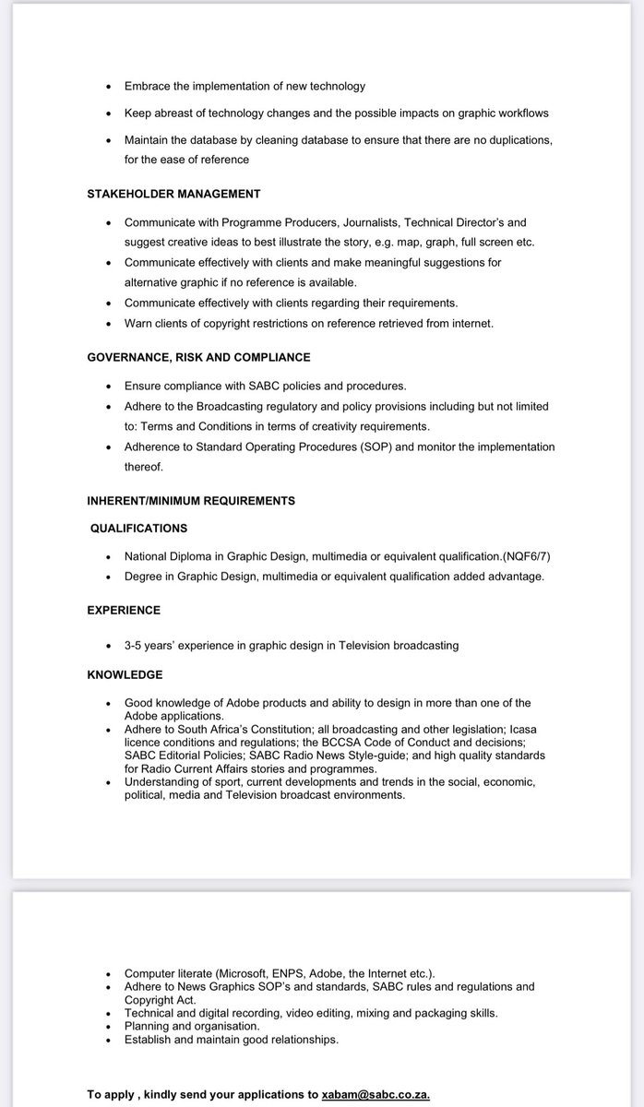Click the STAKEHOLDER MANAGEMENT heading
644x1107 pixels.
tap(173, 194)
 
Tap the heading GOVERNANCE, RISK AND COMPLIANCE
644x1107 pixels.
tap(198, 357)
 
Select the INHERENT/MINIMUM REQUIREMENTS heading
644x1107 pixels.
tap(191, 501)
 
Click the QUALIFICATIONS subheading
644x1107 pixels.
tap(138, 529)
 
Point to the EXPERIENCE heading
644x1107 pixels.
tap(124, 610)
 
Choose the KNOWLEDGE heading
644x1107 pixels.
tap(125, 674)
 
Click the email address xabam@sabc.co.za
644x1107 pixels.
tap(376, 1094)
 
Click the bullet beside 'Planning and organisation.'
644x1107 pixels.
tap(109, 1026)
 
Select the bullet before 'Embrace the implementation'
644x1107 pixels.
tap(109, 87)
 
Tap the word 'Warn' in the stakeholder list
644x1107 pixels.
tap(139, 323)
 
